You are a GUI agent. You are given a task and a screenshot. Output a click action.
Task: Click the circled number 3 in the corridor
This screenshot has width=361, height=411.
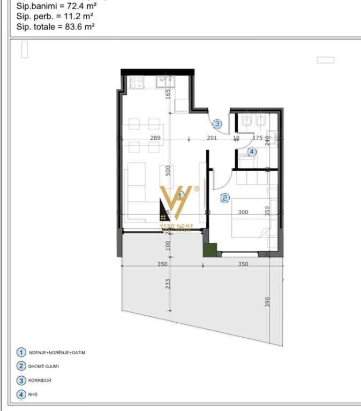pos(217,124)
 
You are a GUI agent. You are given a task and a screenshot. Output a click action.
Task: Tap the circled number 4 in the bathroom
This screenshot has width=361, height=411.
pos(252,152)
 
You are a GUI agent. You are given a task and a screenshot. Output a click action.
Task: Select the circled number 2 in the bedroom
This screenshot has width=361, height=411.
pos(225,198)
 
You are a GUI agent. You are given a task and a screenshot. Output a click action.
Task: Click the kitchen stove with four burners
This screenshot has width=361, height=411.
pos(136,82)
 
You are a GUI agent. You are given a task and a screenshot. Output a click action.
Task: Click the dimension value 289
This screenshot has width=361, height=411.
pos(155,138)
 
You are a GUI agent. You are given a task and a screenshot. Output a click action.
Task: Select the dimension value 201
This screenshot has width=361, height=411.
pos(212,138)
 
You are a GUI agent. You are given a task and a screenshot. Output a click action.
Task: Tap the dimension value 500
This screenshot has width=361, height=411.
pos(168,171)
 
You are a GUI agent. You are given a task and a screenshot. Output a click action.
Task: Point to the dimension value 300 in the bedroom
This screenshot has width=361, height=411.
pos(243,212)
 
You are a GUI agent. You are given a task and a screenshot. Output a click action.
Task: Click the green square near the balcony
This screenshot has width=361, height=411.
pos(209,250)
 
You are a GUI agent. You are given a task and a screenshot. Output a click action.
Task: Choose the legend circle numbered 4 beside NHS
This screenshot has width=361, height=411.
pos(21,395)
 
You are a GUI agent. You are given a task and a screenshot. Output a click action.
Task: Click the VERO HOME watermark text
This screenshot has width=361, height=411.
pos(177,226)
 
